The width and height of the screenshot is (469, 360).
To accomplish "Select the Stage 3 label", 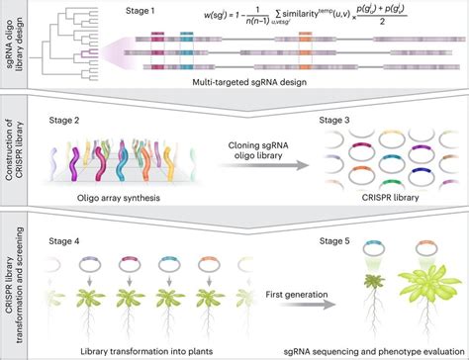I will [354, 123].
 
